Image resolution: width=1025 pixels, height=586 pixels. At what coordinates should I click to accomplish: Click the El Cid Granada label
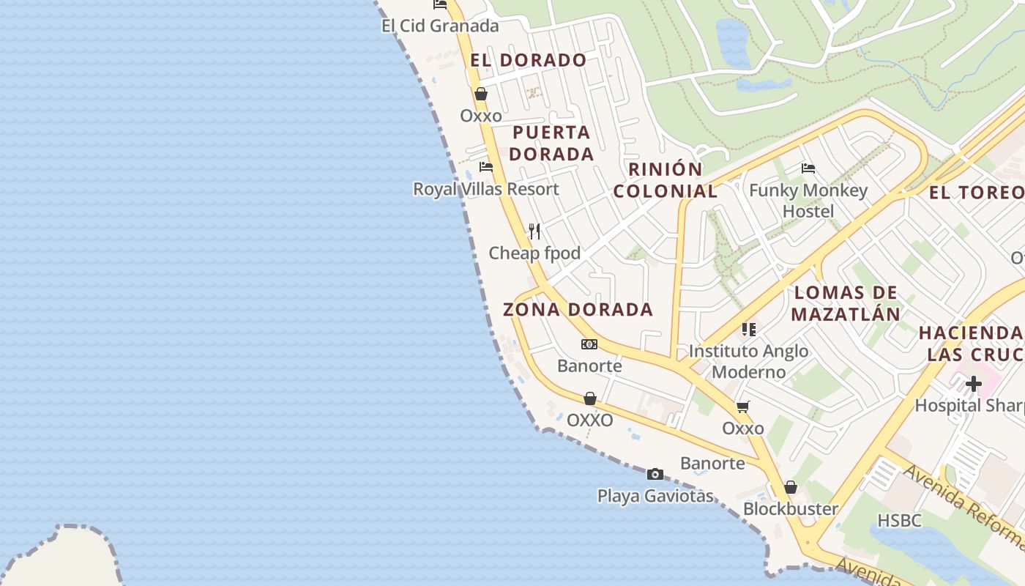click(440, 26)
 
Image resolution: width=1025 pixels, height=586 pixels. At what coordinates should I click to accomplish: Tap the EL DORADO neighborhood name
click(529, 60)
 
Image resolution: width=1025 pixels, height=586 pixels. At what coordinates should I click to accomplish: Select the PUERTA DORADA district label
click(551, 144)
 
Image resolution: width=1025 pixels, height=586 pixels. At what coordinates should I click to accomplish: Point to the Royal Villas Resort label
click(485, 189)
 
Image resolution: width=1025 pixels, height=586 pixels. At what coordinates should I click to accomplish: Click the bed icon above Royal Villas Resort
click(485, 167)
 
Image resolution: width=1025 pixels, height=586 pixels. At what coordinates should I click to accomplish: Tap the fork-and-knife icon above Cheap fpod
click(534, 231)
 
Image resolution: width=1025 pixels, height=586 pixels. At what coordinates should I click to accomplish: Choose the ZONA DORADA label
click(578, 309)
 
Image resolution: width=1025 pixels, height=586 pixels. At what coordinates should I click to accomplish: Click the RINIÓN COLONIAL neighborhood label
click(666, 180)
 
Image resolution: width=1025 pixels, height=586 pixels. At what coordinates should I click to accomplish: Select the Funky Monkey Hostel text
click(808, 201)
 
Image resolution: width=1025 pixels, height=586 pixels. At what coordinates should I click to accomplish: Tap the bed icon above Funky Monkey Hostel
click(808, 168)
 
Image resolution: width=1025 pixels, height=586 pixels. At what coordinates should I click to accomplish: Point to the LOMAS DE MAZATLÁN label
click(846, 303)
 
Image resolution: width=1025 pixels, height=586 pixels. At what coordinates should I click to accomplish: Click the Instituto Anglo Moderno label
click(749, 361)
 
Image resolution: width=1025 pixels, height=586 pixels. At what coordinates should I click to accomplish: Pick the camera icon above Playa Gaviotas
click(655, 474)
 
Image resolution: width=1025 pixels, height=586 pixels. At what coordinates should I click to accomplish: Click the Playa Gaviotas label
click(655, 496)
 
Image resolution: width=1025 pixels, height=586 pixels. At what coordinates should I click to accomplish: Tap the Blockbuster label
click(791, 508)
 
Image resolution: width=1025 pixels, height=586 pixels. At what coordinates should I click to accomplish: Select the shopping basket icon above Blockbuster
click(791, 486)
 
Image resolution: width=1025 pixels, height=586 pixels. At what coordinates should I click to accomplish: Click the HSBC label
click(899, 521)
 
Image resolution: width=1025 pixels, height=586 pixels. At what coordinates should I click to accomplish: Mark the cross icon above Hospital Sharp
click(973, 383)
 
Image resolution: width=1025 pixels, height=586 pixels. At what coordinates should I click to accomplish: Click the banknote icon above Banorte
click(589, 344)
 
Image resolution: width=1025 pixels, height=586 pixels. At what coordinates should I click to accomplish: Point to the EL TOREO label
click(977, 193)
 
